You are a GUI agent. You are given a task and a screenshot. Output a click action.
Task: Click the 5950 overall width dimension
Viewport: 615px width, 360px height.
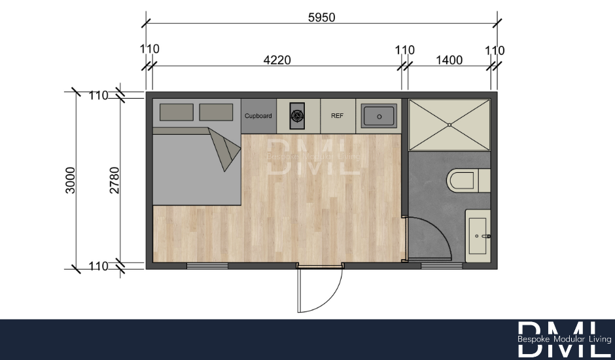click(322, 18)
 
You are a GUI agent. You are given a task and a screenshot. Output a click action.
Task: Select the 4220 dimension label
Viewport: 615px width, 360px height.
click(277, 60)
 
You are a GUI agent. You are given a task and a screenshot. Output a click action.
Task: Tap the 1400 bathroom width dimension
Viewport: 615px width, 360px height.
click(449, 60)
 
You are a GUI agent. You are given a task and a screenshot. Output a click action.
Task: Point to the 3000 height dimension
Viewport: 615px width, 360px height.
click(70, 180)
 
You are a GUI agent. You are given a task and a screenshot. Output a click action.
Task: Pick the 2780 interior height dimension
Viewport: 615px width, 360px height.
click(114, 180)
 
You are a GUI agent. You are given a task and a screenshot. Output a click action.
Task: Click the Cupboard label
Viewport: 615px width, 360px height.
click(258, 116)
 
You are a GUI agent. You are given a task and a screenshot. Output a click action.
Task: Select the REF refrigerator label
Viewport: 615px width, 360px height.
click(338, 116)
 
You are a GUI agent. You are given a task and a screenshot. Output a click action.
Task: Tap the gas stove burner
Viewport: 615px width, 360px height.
click(297, 116)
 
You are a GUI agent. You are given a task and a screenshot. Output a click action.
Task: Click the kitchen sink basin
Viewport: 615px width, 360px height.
click(379, 117)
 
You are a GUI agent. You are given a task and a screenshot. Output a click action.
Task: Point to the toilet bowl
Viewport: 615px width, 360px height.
click(463, 181)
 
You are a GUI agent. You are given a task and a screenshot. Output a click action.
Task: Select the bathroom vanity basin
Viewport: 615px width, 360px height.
click(478, 236)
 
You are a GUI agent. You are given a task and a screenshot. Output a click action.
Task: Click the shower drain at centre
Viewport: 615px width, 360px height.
click(449, 125)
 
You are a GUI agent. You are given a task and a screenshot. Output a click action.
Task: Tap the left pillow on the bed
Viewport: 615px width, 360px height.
click(177, 112)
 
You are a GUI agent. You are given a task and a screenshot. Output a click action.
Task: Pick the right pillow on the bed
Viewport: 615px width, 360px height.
click(216, 112)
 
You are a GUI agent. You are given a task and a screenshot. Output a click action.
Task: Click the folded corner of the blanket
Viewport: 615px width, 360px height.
click(224, 148)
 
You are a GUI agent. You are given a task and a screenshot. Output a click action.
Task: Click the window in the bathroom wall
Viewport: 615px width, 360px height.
click(442, 266)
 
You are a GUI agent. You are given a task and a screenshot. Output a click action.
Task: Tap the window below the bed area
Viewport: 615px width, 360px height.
click(207, 266)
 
